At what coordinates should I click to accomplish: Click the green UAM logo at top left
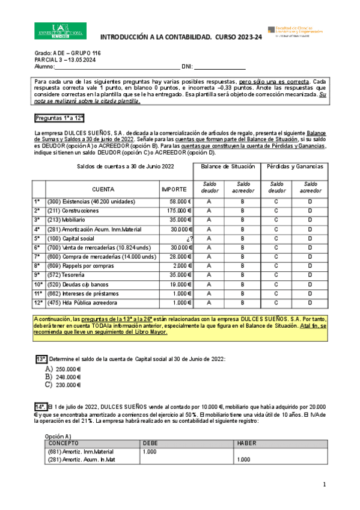point(61,31)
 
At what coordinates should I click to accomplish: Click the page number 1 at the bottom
point(324,484)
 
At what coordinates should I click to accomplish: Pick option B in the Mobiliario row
point(242,220)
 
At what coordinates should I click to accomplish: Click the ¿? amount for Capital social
point(188,238)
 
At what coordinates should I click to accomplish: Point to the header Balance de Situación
point(227,167)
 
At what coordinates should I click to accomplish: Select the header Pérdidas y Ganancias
point(294,167)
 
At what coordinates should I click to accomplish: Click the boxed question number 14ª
point(40,406)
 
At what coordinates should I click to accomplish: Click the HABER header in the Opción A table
point(248,443)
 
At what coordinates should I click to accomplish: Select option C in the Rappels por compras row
point(276,266)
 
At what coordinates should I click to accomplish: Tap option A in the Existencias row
point(209,201)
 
